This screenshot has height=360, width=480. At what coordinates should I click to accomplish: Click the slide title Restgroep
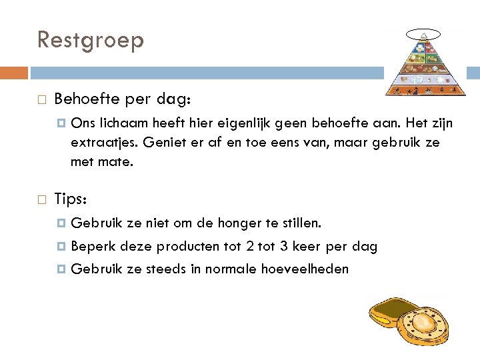pos(91,40)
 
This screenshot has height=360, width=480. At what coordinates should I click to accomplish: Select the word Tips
pos(69,199)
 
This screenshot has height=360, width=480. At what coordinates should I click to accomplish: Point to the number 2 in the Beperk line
pos(249,247)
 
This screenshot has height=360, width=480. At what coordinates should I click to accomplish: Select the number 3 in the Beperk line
pos(285,247)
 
